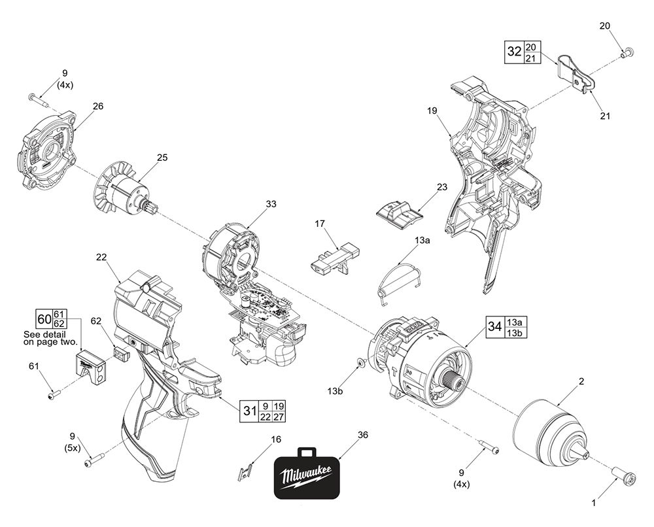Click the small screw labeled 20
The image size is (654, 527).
[629, 51]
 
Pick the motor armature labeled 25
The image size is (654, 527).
[124, 194]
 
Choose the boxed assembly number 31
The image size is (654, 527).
[249, 411]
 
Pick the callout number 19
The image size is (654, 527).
[432, 111]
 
